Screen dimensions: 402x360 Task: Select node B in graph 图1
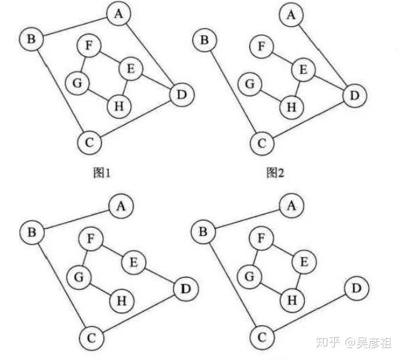tap(30, 40)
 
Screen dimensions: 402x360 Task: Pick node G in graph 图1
tap(78, 82)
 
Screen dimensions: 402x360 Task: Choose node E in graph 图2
tap(304, 70)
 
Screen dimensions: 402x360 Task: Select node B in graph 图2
tap(203, 41)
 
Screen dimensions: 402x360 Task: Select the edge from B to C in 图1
tap(59, 91)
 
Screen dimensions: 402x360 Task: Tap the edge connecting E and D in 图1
tap(157, 82)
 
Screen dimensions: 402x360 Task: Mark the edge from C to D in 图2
tap(307, 120)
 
